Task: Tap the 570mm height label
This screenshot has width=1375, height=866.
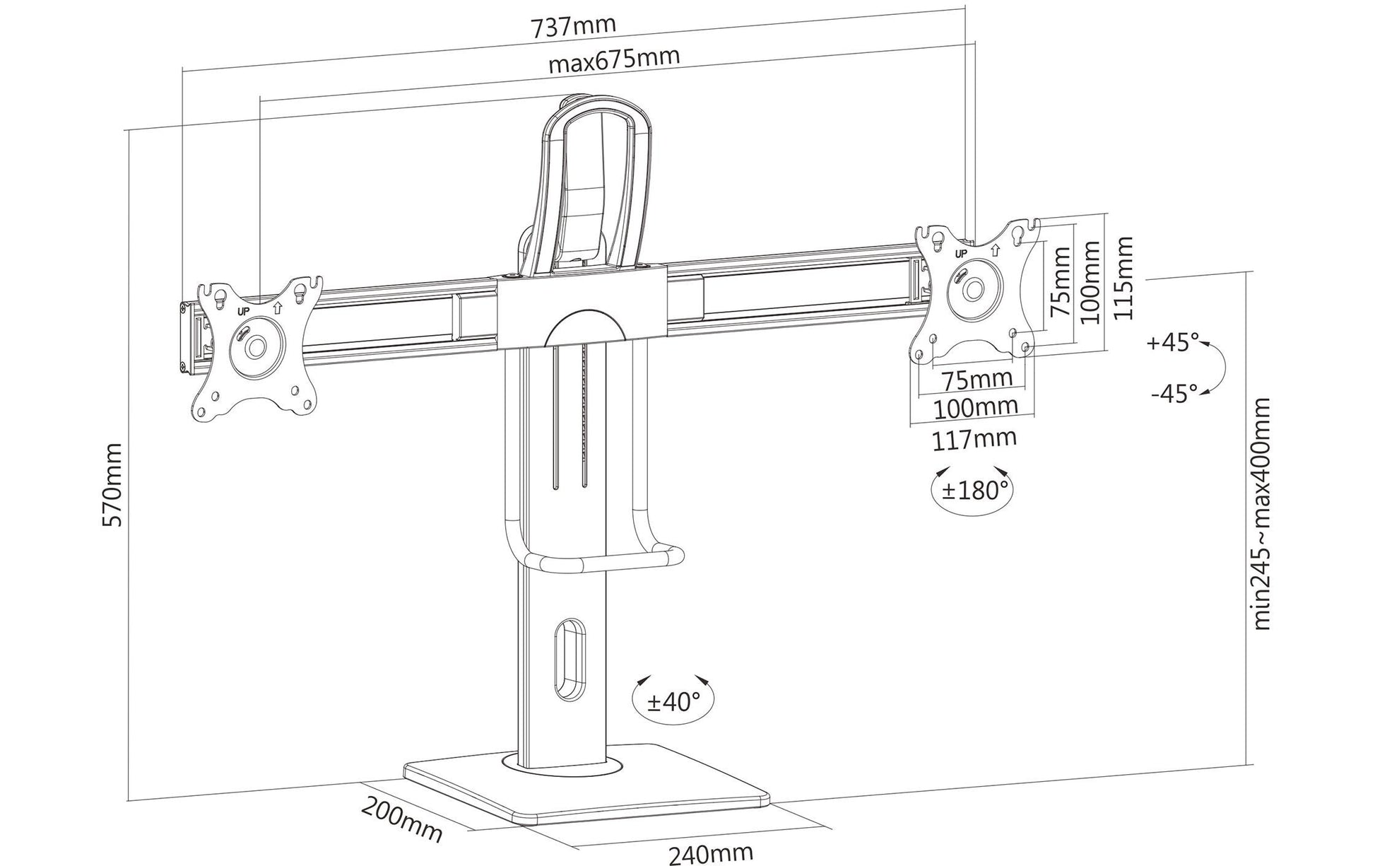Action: coord(112,485)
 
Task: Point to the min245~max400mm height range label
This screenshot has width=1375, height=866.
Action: coord(1260,514)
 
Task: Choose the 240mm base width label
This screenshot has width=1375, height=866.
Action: coord(710,853)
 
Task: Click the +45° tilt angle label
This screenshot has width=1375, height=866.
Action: coord(1174,343)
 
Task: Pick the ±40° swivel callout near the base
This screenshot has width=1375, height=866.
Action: coord(673,701)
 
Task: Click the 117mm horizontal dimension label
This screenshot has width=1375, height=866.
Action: coord(974,440)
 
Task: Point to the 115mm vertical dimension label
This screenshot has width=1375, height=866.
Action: coord(1123,279)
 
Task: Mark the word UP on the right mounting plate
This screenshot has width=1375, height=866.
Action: coord(961,252)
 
